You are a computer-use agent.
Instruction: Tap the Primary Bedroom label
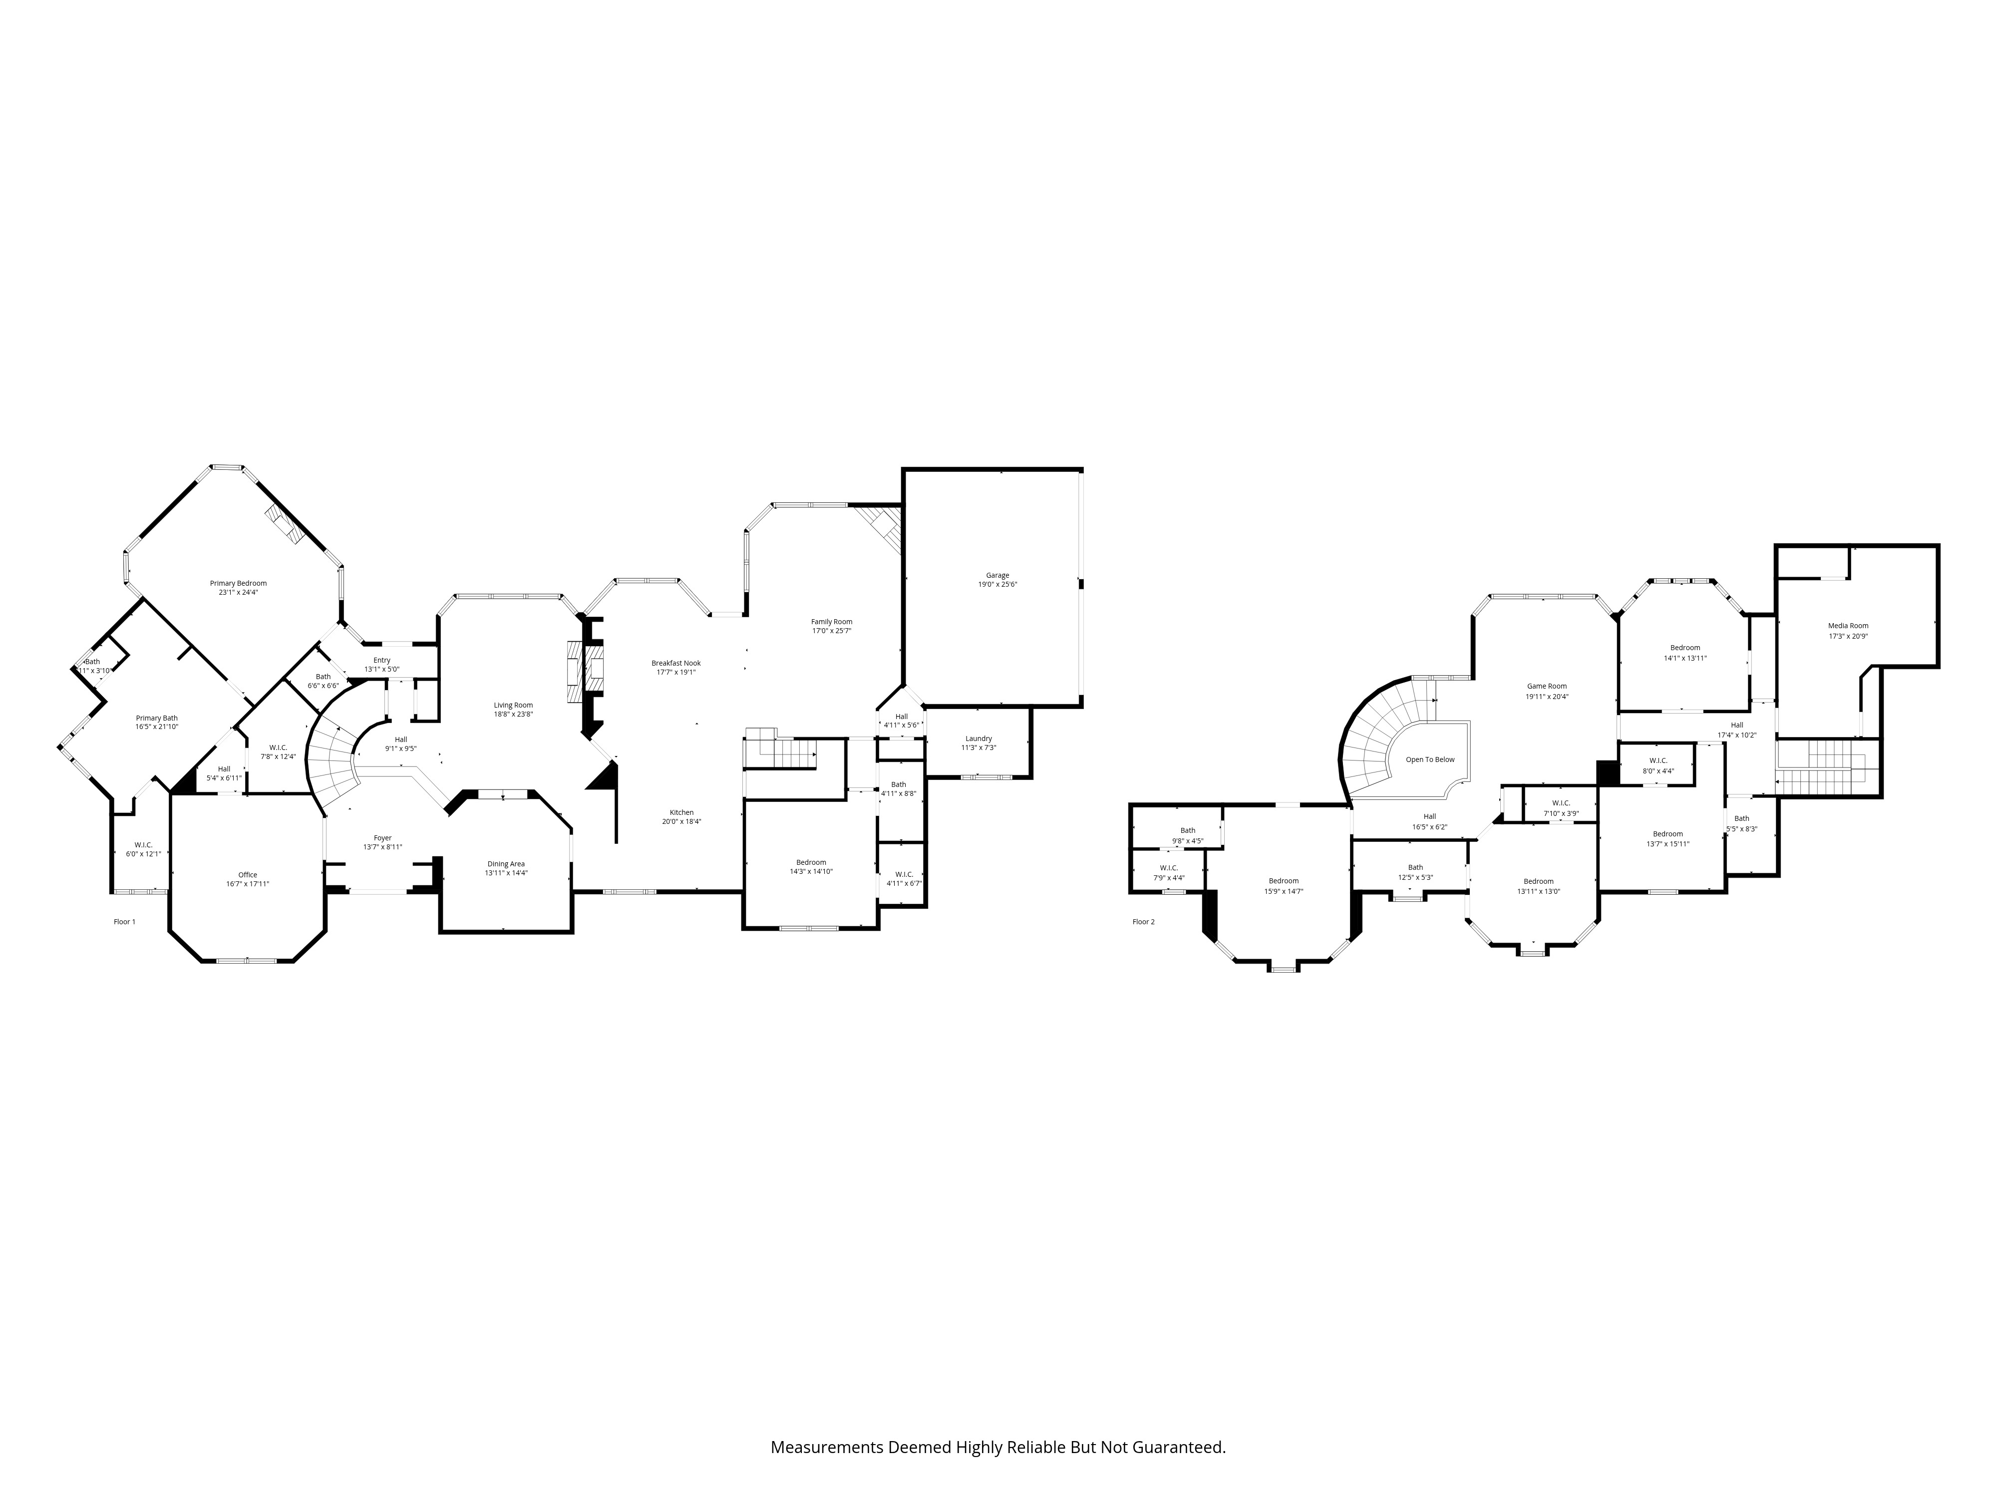point(238,583)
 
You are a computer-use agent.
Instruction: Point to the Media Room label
point(1848,626)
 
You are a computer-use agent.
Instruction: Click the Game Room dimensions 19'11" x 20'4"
point(1547,696)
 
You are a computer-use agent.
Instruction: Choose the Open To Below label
point(1430,759)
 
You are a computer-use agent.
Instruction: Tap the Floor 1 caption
point(125,922)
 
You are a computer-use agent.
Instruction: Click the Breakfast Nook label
point(675,663)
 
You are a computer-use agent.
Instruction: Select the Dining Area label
point(506,864)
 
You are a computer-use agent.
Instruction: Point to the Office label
point(247,875)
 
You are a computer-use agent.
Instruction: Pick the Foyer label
point(383,838)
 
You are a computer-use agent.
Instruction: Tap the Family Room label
point(831,621)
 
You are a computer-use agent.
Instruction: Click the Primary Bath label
point(157,718)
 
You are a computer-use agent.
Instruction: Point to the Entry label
point(382,660)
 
